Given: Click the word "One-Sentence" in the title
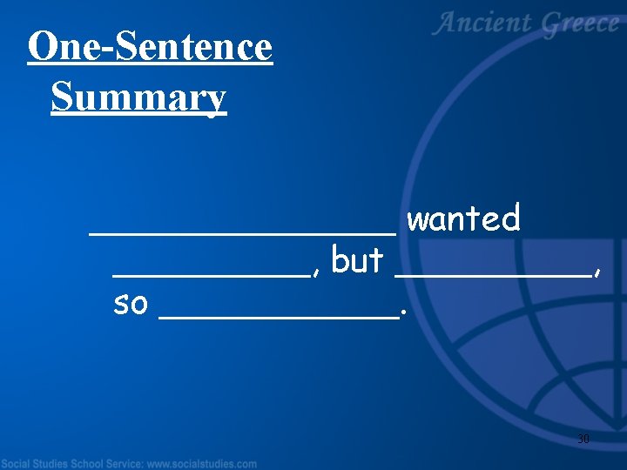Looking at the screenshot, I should pyautogui.click(x=150, y=47).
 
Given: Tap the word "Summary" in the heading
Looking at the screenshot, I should pyautogui.click(x=138, y=97).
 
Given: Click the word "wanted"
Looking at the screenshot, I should pyautogui.click(x=463, y=218).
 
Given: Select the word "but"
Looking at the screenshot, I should pyautogui.click(x=357, y=260).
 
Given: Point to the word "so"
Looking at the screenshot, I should pyautogui.click(x=131, y=304).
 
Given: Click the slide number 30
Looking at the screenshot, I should pyautogui.click(x=583, y=440).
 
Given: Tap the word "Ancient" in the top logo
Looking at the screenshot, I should pyautogui.click(x=482, y=24).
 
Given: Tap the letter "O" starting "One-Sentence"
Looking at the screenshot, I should pyautogui.click(x=41, y=47).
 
